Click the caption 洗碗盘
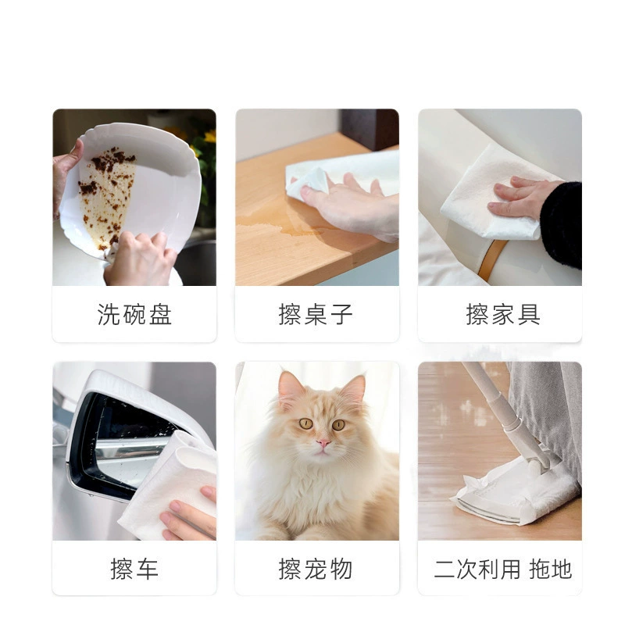coord(134,315)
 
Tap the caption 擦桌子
coord(316,315)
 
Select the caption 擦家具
coord(503,315)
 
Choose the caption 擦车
coord(134,569)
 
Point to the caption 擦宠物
coord(316,569)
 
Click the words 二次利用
coord(477,569)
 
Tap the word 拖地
coord(551,569)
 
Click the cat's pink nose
coord(323,443)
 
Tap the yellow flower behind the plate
coord(210,136)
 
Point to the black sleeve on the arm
coord(562,223)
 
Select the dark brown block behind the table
coord(370,128)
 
